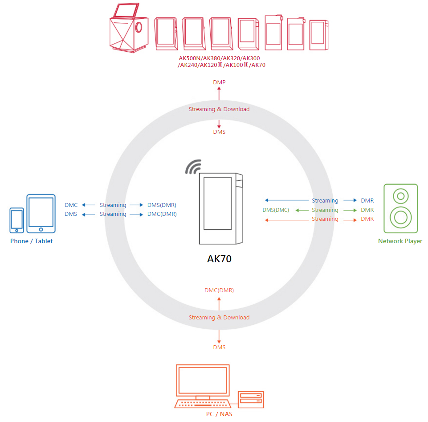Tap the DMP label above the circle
pos(219,83)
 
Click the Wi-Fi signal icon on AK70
pos(194,167)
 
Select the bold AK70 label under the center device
pos(219,259)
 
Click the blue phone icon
pos(17,220)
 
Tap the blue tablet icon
pos(41,213)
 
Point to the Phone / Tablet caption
pos(31,241)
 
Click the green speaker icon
pos(401,208)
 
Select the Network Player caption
pos(400,241)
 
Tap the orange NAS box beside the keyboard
pos(251,400)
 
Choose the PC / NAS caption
pos(219,414)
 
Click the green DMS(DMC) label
pos(276,210)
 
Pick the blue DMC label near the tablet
pos(71,205)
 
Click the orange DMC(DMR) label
pos(219,290)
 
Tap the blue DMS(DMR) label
pos(162,205)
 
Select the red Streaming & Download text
pos(219,109)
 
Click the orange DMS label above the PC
pos(219,348)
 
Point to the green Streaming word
pos(325,210)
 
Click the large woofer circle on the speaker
pos(400,216)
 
